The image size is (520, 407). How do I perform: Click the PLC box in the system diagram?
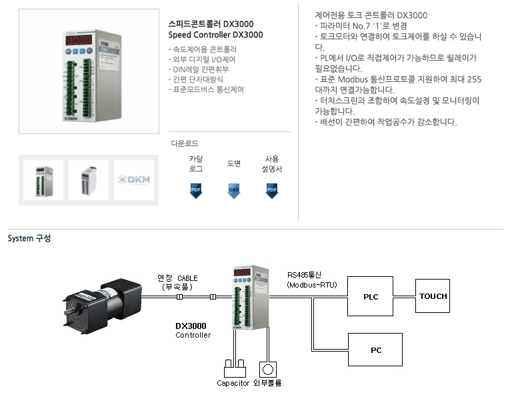(x=370, y=296)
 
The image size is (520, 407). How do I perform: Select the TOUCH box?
(x=433, y=296)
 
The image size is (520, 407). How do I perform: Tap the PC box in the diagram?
(x=375, y=350)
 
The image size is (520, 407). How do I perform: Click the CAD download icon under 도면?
(x=234, y=191)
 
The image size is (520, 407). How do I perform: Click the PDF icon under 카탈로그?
(x=195, y=191)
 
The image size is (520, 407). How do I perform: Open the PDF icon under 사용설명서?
(x=271, y=191)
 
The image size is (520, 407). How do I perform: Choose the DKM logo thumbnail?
(x=134, y=180)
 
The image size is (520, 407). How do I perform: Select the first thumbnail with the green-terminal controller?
(x=43, y=180)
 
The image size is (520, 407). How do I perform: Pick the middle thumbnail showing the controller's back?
(x=89, y=180)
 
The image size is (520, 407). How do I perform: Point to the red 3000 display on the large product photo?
(x=79, y=40)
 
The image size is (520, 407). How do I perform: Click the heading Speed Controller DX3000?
(x=215, y=35)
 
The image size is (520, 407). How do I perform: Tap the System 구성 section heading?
(x=29, y=238)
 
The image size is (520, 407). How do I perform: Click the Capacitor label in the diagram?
(x=233, y=383)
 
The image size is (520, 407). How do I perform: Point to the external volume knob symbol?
(x=267, y=370)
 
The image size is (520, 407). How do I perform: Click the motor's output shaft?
(x=68, y=311)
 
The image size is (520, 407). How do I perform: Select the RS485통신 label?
(x=304, y=275)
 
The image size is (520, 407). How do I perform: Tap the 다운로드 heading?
(x=185, y=143)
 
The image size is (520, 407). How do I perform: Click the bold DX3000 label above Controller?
(x=191, y=326)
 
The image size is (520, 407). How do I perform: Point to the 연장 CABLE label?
(x=177, y=278)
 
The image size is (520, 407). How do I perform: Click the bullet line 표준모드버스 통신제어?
(x=206, y=89)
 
